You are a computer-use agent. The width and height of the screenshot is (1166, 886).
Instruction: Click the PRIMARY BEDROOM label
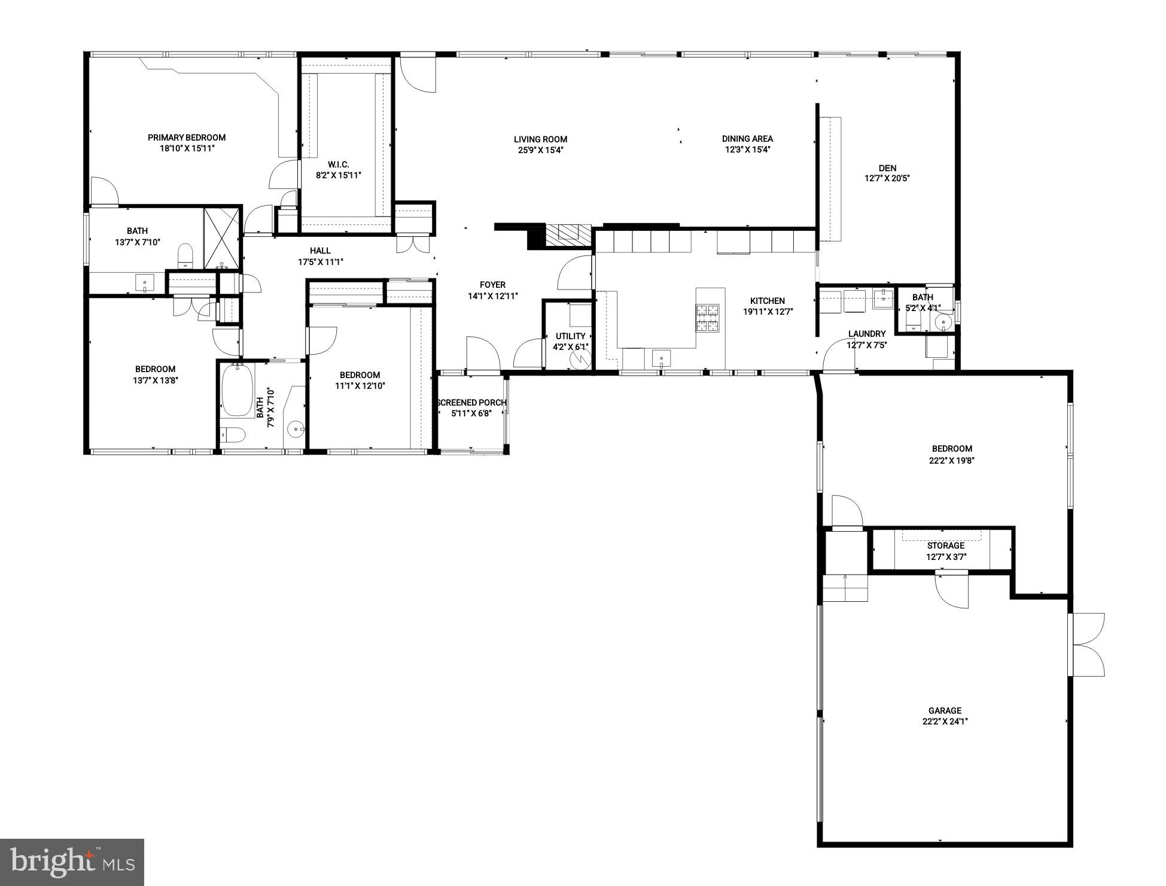click(187, 138)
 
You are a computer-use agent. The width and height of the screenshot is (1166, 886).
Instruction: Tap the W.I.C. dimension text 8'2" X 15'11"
click(339, 175)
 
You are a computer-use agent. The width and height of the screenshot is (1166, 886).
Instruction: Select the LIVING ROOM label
click(540, 139)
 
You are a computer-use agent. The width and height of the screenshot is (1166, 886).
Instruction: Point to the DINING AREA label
click(747, 139)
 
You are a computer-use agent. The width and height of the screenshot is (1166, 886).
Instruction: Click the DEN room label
click(887, 168)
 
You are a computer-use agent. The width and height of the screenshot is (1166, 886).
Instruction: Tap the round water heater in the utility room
click(580, 360)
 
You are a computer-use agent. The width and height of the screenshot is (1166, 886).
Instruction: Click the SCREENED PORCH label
click(471, 403)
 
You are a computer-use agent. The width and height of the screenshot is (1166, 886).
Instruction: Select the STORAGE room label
click(946, 546)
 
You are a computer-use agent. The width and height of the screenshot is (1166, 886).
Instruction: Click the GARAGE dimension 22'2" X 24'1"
click(945, 721)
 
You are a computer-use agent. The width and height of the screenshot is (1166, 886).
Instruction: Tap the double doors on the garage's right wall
click(1088, 645)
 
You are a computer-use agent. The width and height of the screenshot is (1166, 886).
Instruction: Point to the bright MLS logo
click(72, 861)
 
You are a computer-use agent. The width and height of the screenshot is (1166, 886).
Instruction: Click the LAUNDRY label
click(866, 334)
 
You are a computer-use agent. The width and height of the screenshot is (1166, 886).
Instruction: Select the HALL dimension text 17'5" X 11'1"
click(321, 262)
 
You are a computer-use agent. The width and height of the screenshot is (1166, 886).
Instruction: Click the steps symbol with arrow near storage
click(845, 587)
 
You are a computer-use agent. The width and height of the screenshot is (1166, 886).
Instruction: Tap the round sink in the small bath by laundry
click(943, 322)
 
